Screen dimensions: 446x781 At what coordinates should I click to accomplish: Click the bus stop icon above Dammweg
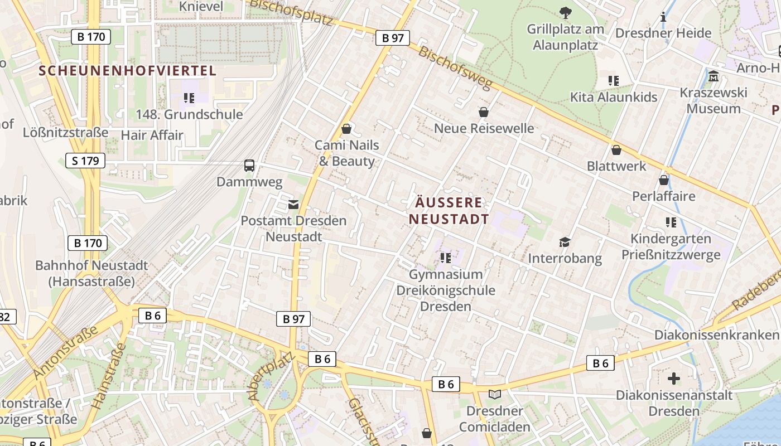tap(249, 166)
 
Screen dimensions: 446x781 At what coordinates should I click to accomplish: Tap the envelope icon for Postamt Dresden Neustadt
tap(293, 205)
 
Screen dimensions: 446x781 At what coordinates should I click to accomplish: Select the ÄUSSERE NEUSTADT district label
tap(449, 210)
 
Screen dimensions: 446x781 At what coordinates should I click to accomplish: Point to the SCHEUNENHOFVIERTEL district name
tap(128, 71)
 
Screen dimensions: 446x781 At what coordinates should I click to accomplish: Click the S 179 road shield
tap(85, 161)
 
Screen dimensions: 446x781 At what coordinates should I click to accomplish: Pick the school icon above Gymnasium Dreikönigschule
tap(445, 258)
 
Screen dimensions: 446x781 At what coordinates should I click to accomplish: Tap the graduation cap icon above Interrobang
tap(565, 242)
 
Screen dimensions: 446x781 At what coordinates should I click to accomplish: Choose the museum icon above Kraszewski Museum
tap(713, 76)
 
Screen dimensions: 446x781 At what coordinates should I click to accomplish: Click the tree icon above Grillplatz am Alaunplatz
tap(565, 12)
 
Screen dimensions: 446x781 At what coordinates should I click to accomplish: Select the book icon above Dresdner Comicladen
tap(494, 394)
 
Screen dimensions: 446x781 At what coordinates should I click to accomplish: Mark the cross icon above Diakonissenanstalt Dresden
tap(674, 379)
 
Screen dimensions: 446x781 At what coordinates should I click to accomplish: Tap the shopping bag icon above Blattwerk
tap(616, 150)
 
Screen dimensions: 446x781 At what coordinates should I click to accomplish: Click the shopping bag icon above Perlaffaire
tap(664, 180)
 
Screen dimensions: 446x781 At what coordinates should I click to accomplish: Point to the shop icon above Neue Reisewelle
tap(484, 112)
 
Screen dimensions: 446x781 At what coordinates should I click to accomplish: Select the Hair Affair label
tap(152, 135)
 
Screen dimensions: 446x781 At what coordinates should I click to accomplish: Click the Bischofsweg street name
tap(455, 68)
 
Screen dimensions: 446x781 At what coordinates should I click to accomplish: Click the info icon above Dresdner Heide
tap(663, 17)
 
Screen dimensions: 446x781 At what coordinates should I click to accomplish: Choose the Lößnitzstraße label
tap(65, 133)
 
